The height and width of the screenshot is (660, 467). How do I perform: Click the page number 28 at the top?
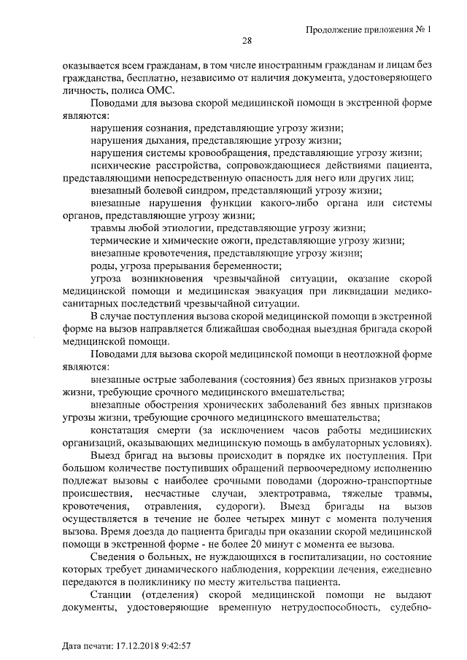pos(247,40)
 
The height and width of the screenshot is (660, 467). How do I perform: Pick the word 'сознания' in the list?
pos(161,128)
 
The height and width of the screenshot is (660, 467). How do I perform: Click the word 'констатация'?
pos(119,430)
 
